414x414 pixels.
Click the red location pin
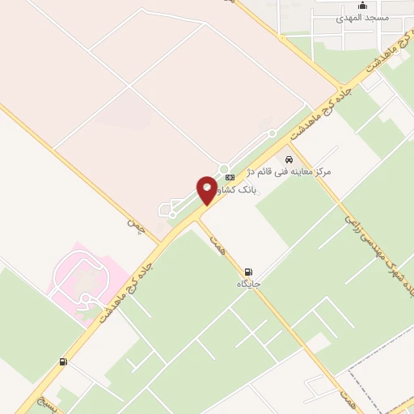[x=207, y=189]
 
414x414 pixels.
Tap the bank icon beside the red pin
[x=230, y=176]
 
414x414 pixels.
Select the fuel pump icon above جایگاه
[x=247, y=272]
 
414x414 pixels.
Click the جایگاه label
[x=247, y=284]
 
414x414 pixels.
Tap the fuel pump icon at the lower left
[x=63, y=362]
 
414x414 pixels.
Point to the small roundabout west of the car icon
[x=272, y=133]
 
